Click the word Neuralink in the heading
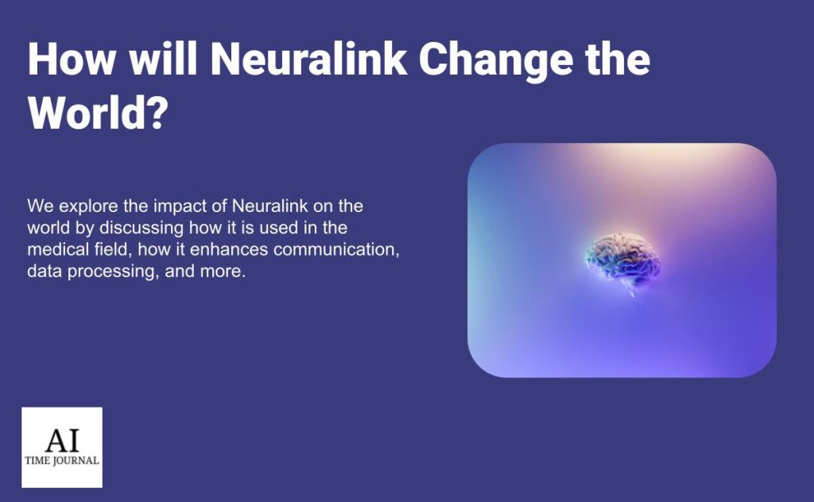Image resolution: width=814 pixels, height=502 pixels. click(x=308, y=59)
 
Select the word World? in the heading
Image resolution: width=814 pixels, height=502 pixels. click(x=98, y=113)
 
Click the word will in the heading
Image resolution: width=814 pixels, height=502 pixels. click(x=163, y=59)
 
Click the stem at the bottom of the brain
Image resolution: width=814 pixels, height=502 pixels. click(x=630, y=292)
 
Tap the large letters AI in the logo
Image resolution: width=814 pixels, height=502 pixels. click(x=62, y=441)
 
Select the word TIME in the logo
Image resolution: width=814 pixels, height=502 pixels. click(x=37, y=461)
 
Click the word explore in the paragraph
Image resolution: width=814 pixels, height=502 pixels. click(x=88, y=207)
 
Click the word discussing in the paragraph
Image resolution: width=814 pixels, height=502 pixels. click(x=141, y=228)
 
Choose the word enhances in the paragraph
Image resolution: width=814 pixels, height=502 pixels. click(x=229, y=249)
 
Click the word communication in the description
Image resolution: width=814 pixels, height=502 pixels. click(x=336, y=250)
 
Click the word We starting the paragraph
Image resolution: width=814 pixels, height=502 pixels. click(x=41, y=207)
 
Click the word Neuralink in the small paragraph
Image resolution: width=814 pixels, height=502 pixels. click(x=270, y=207)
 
